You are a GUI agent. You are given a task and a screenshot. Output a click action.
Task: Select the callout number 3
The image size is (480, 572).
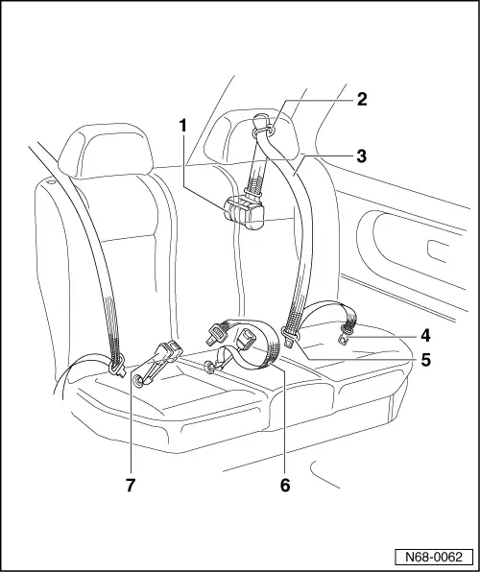(362, 154)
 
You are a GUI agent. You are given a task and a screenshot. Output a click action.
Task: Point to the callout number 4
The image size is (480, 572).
(423, 337)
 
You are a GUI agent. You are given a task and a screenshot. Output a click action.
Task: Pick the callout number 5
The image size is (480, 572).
(423, 362)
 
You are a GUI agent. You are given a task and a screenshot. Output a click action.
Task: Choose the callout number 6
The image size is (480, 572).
(285, 485)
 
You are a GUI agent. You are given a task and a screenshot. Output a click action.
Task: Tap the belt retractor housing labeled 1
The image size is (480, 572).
(246, 211)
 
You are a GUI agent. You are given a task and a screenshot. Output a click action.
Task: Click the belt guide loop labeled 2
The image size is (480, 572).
(264, 125)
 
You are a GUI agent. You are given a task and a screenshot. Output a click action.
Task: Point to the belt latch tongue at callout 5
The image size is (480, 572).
(290, 336)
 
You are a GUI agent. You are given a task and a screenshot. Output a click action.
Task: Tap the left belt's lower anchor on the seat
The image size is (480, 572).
(119, 366)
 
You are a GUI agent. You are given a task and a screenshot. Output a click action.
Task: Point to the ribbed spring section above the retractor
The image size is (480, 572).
(258, 173)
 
